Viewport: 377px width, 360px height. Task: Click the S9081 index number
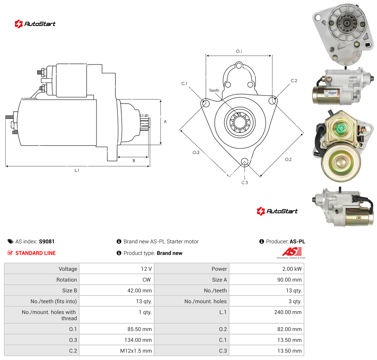47,241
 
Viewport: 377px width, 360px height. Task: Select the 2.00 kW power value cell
267,268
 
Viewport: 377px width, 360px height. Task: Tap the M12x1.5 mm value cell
117,351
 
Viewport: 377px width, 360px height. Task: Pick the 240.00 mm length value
288,312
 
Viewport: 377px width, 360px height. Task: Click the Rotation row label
66,280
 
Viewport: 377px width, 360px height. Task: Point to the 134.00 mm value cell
117,340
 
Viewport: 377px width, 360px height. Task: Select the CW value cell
117,279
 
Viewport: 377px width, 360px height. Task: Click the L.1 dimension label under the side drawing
77,170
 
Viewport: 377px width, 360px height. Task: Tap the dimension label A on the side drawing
165,122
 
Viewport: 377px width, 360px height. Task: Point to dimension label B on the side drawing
134,161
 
